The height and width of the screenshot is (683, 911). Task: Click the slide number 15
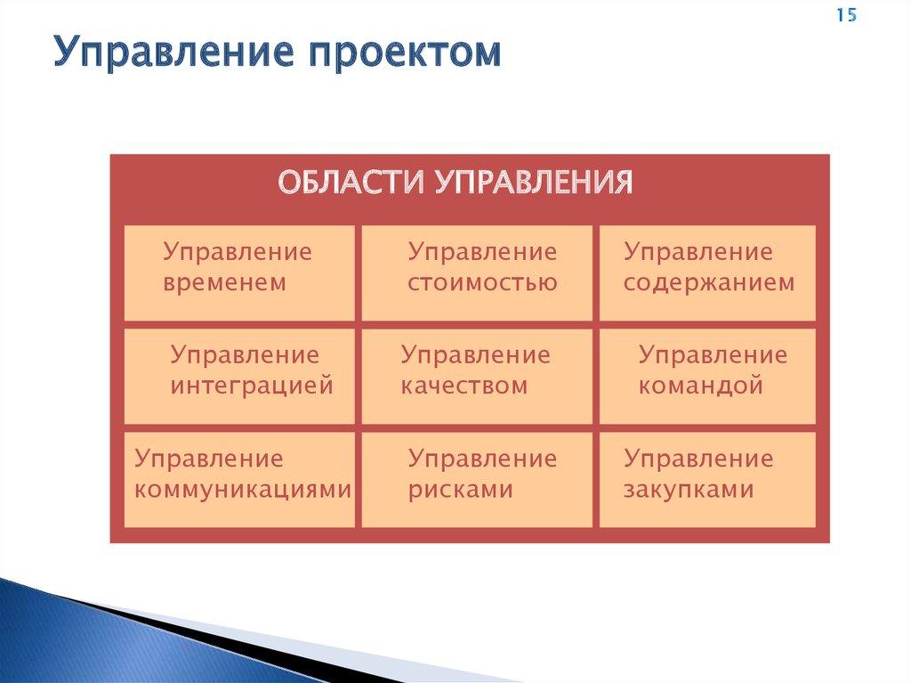point(847,14)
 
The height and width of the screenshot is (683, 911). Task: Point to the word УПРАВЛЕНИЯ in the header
point(534,182)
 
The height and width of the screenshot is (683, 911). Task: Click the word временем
point(224,283)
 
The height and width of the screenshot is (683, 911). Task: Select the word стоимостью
point(482,283)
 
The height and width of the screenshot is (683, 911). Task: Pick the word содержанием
point(709,283)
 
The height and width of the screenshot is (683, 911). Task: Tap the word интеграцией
point(252,386)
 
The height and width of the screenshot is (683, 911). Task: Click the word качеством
point(464,386)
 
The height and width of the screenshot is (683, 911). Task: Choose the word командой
point(700,386)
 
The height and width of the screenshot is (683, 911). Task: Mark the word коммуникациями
point(243,489)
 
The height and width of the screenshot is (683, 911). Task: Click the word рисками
point(460,489)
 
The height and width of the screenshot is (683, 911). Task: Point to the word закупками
point(689,489)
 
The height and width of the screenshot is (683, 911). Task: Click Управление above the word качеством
point(475,355)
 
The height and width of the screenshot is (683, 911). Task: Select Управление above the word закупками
point(698,459)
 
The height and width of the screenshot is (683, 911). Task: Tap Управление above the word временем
point(238,252)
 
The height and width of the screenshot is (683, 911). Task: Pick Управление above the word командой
point(713,355)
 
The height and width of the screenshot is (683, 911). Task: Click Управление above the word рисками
point(482,459)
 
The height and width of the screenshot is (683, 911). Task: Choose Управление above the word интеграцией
point(245,355)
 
